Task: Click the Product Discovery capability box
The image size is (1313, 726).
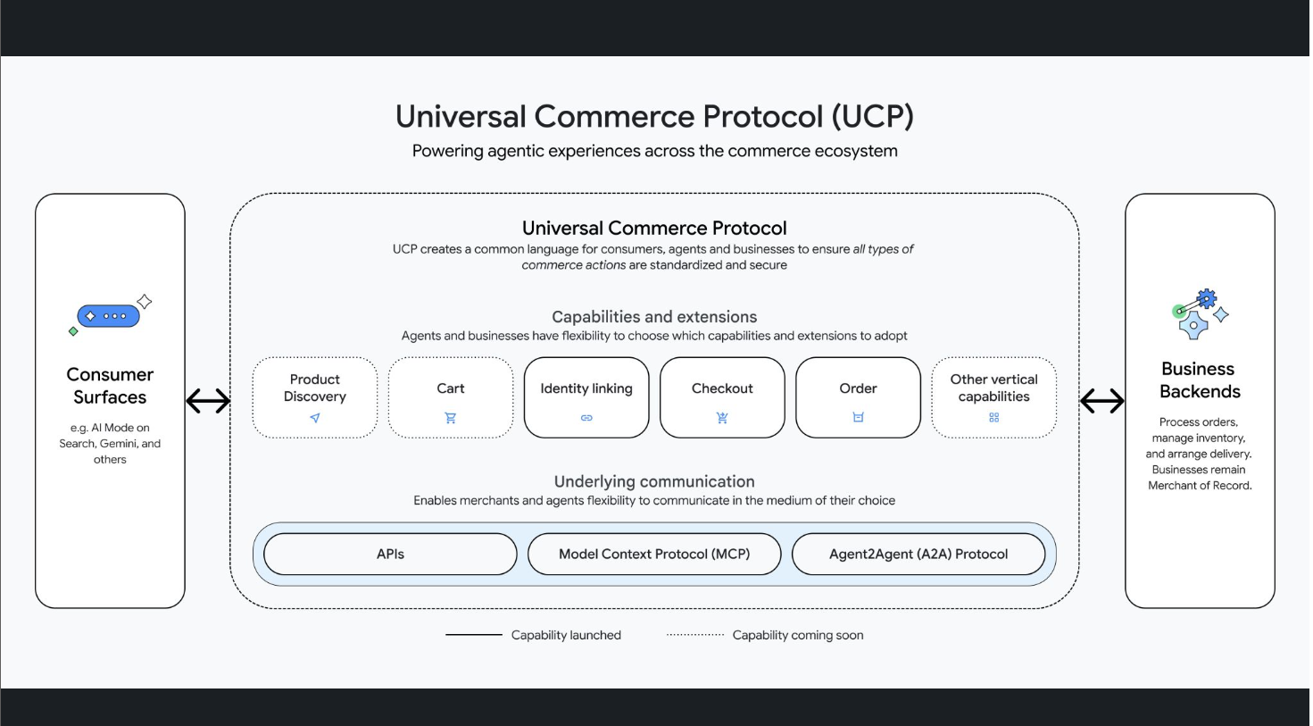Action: pos(314,397)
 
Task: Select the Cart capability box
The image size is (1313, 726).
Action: pos(451,397)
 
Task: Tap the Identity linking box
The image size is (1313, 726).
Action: pos(586,397)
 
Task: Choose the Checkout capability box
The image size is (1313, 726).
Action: pos(722,397)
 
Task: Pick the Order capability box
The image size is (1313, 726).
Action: pos(858,397)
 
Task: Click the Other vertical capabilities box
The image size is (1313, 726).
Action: pos(993,397)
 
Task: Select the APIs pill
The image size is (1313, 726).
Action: pos(390,554)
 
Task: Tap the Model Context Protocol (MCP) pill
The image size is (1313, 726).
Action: pos(654,554)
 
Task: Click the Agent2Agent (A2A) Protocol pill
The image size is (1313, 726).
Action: pos(918,554)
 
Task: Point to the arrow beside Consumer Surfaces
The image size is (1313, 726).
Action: pos(208,401)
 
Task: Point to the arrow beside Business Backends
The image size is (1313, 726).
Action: pos(1102,401)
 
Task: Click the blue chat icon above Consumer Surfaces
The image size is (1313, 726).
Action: pos(109,316)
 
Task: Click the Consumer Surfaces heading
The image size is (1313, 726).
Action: pos(110,386)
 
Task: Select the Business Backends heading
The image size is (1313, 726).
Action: pos(1200,380)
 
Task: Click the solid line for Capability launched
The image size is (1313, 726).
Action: pos(474,635)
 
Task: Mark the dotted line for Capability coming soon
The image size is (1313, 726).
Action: pos(695,635)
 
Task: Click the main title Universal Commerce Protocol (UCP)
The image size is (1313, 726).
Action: pos(654,116)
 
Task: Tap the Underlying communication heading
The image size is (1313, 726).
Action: pos(654,481)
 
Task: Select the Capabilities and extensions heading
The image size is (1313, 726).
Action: pos(654,317)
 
